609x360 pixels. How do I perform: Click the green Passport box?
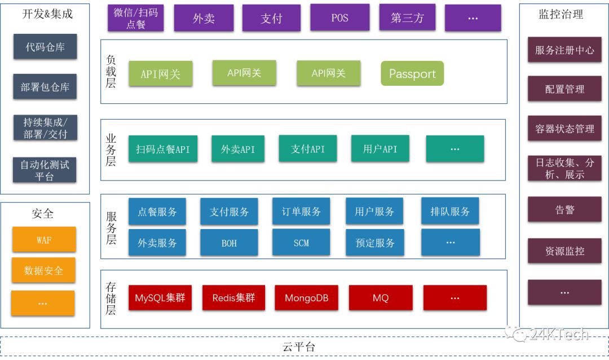pos(412,74)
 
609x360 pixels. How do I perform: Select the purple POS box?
pos(339,17)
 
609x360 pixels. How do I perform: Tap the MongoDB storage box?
pos(307,298)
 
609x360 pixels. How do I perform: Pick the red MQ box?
pos(381,298)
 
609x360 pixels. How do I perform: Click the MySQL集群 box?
pos(160,298)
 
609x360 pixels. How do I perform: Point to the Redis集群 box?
pos(233,298)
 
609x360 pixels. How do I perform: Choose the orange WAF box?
pos(43,240)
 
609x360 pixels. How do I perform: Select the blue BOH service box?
pos(229,243)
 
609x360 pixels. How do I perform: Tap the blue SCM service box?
pos(301,243)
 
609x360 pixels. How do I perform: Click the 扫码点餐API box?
pos(163,149)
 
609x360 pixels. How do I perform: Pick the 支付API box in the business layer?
pos(307,149)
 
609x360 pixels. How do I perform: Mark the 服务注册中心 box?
pos(564,50)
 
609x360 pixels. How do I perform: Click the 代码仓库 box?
pos(45,47)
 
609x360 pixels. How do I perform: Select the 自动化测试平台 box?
pos(45,170)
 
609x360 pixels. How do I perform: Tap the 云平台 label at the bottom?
pos(298,347)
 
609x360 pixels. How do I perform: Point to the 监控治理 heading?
pos(564,15)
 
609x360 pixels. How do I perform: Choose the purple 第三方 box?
pos(407,17)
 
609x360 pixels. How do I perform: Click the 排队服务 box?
pos(450,212)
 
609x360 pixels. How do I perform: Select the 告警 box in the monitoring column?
pos(564,210)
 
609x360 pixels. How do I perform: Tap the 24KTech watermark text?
pos(558,335)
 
